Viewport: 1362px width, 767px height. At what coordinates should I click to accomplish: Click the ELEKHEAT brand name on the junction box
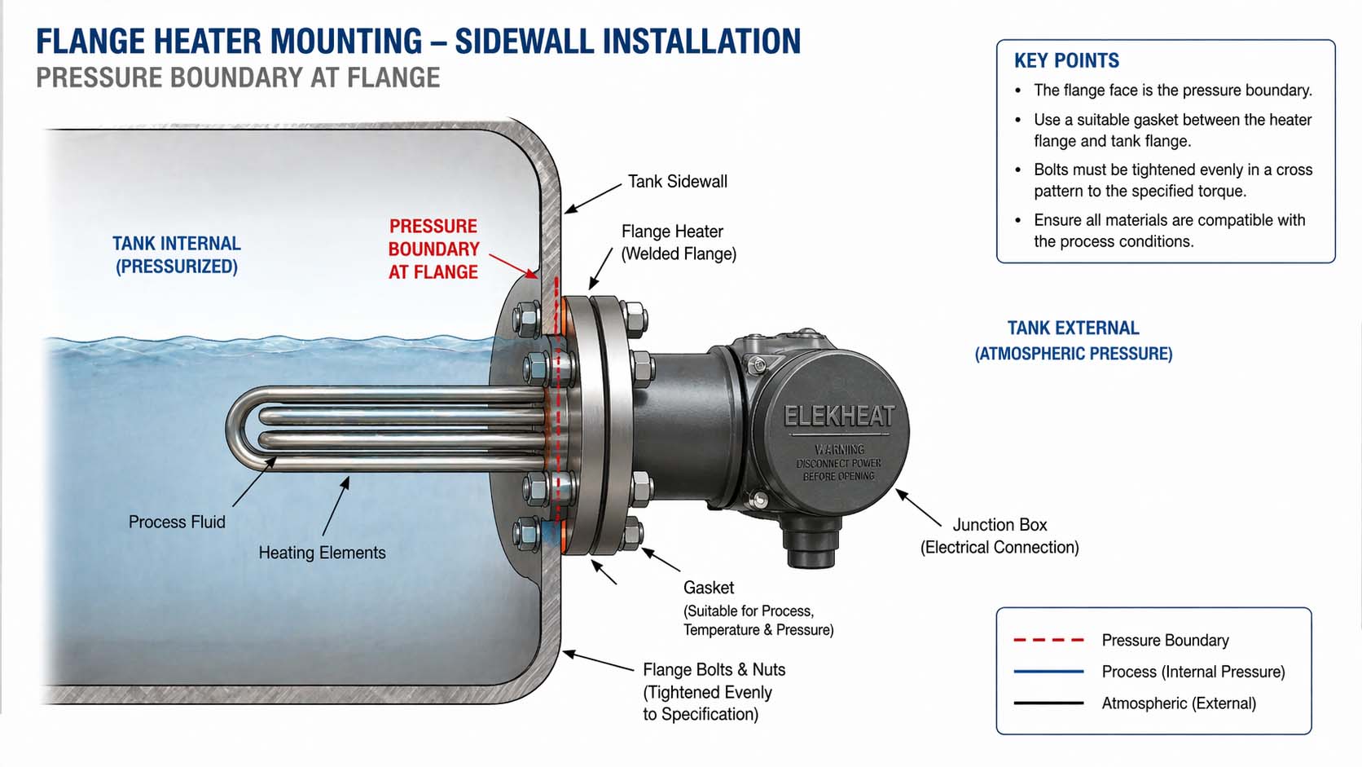tap(839, 417)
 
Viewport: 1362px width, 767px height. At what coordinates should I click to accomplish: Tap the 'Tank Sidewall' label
tap(677, 182)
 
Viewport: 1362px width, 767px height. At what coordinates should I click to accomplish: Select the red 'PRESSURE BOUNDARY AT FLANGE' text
tap(433, 249)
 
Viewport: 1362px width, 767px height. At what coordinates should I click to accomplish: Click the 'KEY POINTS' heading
tap(1066, 61)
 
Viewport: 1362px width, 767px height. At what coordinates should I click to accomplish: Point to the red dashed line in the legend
tap(1048, 641)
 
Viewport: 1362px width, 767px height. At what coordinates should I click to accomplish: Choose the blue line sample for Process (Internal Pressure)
tap(1048, 672)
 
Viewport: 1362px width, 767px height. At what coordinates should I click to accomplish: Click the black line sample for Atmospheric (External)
tap(1048, 703)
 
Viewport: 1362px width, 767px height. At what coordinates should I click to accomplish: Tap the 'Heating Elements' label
tap(322, 553)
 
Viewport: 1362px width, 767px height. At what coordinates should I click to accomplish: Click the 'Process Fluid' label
tap(177, 522)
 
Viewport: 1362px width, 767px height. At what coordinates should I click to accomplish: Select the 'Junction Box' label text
tap(1000, 525)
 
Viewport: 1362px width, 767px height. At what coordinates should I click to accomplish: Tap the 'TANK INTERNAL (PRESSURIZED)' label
tap(177, 254)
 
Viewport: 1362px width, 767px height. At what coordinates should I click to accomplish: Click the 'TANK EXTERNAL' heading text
tap(1073, 328)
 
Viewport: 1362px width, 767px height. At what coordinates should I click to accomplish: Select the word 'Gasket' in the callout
tap(708, 588)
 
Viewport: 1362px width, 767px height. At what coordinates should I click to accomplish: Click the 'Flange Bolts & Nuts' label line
tap(714, 670)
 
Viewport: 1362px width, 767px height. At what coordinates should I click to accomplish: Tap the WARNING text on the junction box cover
tap(839, 449)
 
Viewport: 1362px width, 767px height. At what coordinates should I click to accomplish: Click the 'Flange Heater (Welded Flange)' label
tap(678, 242)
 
